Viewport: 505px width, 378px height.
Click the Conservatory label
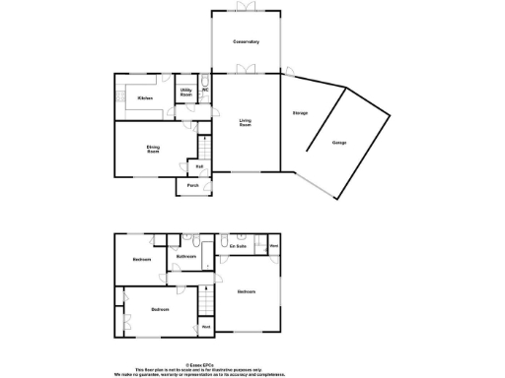tap(246, 41)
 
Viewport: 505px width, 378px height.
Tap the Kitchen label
tap(145, 98)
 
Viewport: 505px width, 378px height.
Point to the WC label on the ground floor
tap(205, 92)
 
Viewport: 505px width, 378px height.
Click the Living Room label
tap(245, 123)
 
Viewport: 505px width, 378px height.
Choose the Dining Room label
tap(154, 150)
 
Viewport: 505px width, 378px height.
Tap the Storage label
tap(300, 114)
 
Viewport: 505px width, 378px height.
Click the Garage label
tap(339, 143)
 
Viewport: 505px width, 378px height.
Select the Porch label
tap(192, 185)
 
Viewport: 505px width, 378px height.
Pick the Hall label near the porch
tap(198, 166)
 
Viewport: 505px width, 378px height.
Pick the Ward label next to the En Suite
tap(273, 245)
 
